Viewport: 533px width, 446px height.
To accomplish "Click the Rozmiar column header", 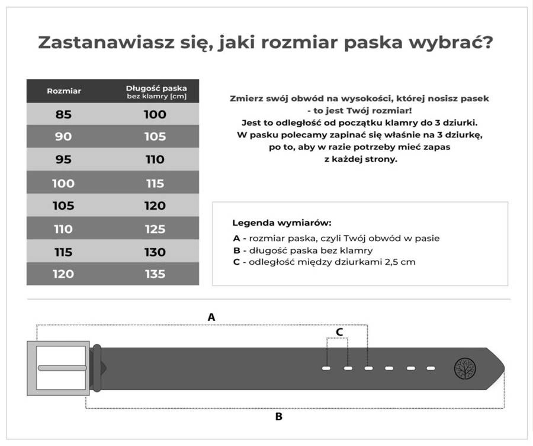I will point(64,91).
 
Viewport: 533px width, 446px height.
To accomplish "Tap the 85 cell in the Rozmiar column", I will point(64,114).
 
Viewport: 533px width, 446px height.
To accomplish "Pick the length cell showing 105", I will point(155,137).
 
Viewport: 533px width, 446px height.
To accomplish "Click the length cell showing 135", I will point(155,274).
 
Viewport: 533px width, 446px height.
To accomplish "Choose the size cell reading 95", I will point(64,160).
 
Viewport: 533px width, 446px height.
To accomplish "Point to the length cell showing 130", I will point(155,252).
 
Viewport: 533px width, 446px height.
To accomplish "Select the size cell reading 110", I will point(64,229).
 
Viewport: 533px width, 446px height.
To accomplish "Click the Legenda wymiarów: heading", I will point(281,223).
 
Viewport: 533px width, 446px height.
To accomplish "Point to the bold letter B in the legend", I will point(237,250).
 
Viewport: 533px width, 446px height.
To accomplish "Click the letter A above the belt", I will point(211,317).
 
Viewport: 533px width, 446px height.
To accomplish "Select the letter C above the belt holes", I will point(339,332).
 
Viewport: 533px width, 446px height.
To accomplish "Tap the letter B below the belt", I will point(278,416).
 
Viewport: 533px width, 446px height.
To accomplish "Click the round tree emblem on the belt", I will point(464,368).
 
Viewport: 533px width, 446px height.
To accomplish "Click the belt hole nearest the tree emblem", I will point(431,368).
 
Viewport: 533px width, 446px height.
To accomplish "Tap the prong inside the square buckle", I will point(63,368).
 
